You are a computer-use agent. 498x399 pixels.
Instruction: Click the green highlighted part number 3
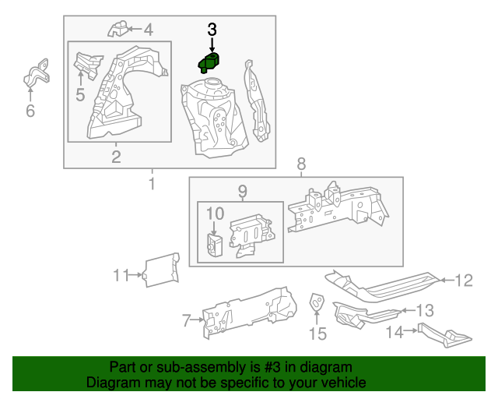point(210,62)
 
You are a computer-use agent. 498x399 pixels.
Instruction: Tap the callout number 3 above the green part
point(212,30)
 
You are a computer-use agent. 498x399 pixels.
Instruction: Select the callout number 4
point(148,30)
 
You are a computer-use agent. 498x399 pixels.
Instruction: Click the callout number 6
point(30,111)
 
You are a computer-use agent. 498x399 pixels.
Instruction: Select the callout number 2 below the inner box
point(116,158)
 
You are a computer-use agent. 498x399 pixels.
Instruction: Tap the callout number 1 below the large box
point(151,184)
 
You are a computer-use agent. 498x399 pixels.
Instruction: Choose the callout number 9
point(242,191)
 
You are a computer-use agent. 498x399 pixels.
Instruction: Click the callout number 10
point(216,213)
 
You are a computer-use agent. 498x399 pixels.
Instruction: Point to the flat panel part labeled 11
point(161,270)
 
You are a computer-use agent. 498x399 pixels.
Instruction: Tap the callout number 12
point(464,281)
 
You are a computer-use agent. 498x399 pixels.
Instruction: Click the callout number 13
point(425,310)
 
